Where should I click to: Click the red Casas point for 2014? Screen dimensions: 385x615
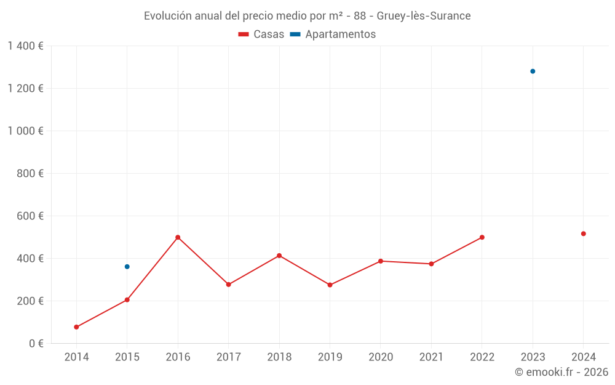point(76,327)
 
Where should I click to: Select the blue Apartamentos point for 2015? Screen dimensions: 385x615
point(127,267)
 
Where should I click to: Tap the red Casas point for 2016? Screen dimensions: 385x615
point(178,237)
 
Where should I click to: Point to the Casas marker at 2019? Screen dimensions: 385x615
point(330,285)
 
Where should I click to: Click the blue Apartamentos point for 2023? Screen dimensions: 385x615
point(533,71)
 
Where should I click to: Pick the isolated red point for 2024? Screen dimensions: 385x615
point(584,233)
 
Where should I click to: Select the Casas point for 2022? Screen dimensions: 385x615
point(482,237)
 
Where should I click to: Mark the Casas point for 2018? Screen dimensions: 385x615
point(279,256)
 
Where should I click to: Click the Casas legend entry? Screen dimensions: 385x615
point(261,34)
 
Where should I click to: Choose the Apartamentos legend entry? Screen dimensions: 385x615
point(333,34)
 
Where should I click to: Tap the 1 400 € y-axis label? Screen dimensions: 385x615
point(26,46)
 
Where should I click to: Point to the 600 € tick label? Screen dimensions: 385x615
point(32,216)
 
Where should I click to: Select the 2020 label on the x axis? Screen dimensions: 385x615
point(381,357)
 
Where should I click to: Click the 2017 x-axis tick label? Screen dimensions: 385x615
point(229,357)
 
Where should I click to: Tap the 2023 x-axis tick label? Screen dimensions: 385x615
point(533,357)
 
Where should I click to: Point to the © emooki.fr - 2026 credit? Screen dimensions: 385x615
point(561,372)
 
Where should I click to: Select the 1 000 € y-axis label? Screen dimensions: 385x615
point(26,131)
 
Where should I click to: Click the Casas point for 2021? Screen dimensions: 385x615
point(431,264)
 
